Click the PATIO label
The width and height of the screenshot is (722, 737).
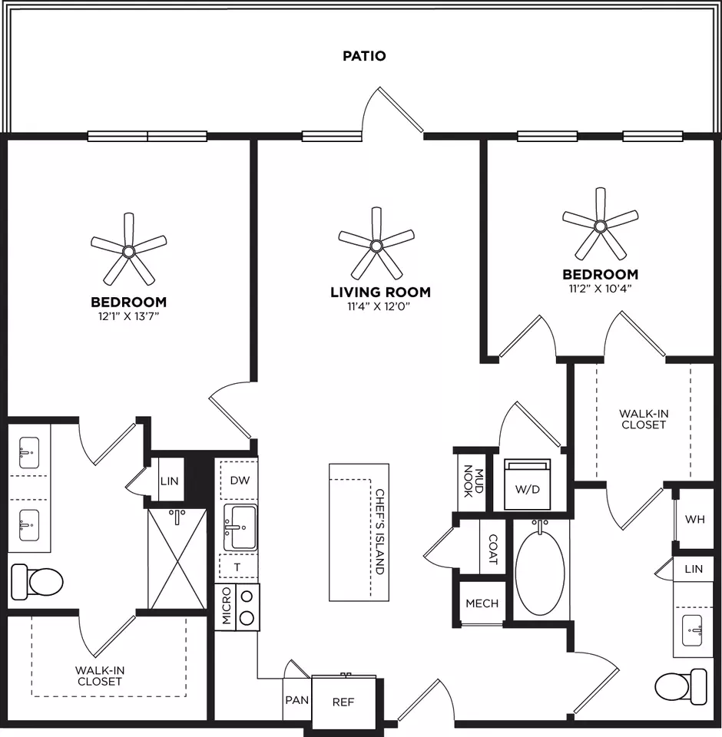tap(364, 56)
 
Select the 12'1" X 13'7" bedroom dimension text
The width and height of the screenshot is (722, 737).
tap(128, 316)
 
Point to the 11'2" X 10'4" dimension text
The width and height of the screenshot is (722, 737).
tap(600, 288)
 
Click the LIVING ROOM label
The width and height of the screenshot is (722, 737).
tap(380, 292)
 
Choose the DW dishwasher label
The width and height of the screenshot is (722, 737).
tap(240, 481)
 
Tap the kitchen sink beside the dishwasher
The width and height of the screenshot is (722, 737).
tap(240, 527)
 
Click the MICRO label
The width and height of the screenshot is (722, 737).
tap(227, 606)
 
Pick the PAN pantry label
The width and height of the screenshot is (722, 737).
tap(296, 700)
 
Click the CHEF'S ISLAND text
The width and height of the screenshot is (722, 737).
tap(380, 531)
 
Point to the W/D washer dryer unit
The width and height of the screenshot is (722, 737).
tap(527, 484)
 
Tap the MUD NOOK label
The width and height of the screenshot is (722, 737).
tap(474, 481)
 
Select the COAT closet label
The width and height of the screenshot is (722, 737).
tap(493, 549)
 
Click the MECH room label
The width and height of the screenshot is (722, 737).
tap(482, 603)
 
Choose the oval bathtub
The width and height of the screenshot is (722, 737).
tap(540, 572)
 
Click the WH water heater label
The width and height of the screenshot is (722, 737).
tap(694, 520)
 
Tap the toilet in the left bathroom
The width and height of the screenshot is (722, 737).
tap(37, 582)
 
